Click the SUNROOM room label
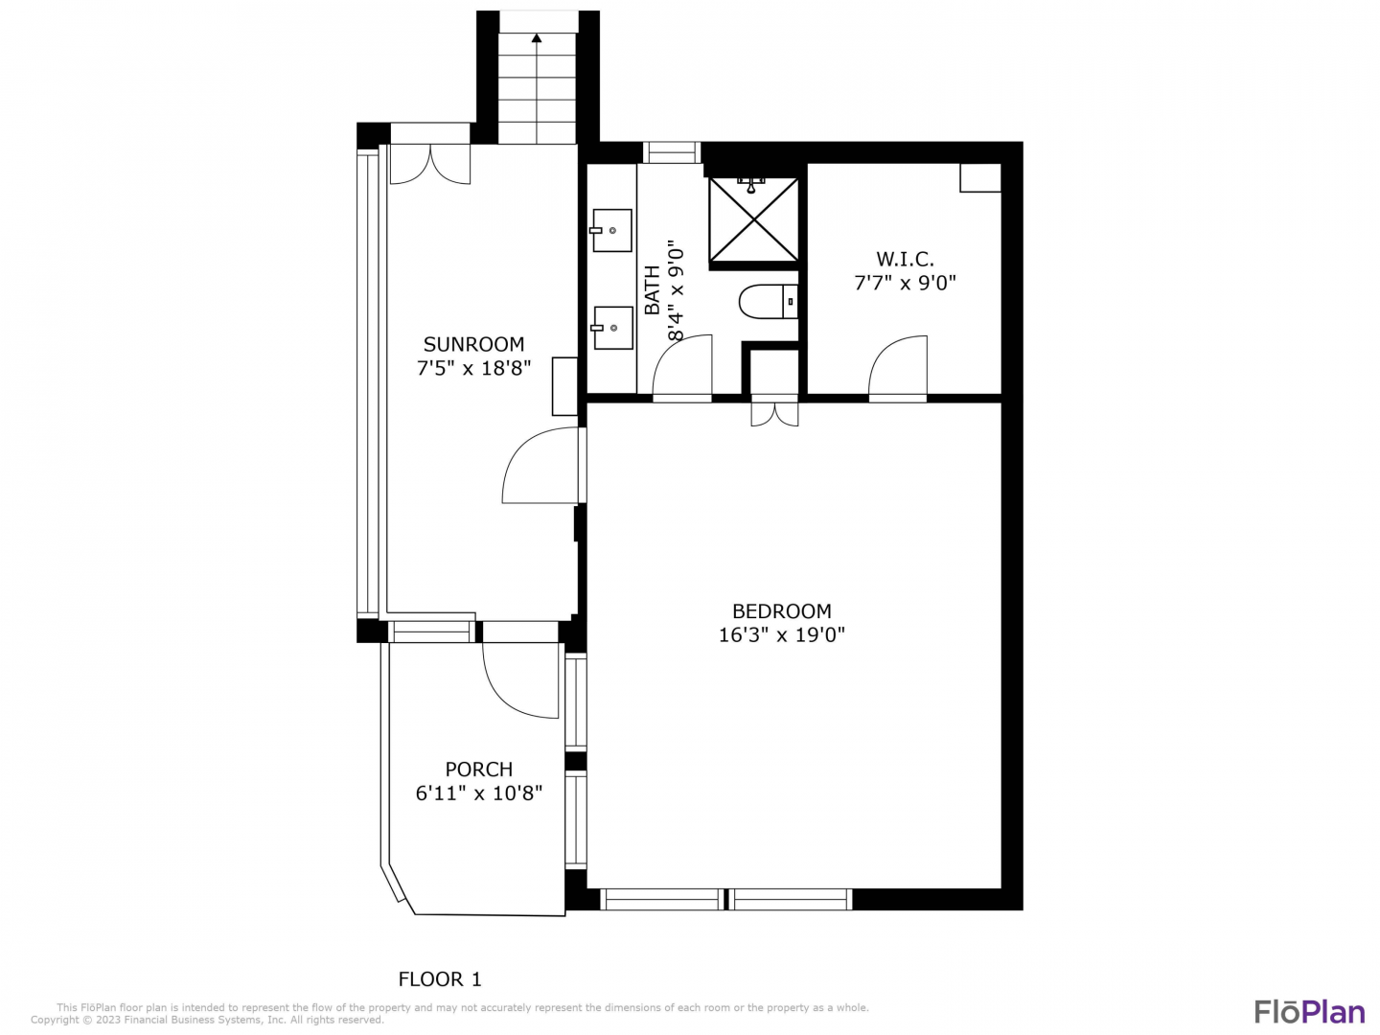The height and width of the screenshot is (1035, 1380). [x=473, y=344]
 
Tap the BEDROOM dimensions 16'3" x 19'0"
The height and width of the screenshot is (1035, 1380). [x=781, y=635]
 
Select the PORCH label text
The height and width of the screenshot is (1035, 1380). [x=478, y=770]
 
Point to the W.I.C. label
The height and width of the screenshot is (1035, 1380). [x=905, y=259]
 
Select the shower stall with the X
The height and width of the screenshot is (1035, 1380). [x=754, y=219]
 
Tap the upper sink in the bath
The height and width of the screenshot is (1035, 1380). [x=611, y=231]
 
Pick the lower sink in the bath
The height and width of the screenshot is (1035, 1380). [x=611, y=328]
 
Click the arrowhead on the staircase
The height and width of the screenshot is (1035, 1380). [x=537, y=38]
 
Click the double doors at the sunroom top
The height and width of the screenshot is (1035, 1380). [x=430, y=165]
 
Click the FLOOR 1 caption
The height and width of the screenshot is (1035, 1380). [x=440, y=979]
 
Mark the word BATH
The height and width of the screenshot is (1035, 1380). [x=653, y=290]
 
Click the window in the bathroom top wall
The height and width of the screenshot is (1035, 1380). [x=672, y=152]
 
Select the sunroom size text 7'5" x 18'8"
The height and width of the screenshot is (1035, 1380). [x=474, y=368]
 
